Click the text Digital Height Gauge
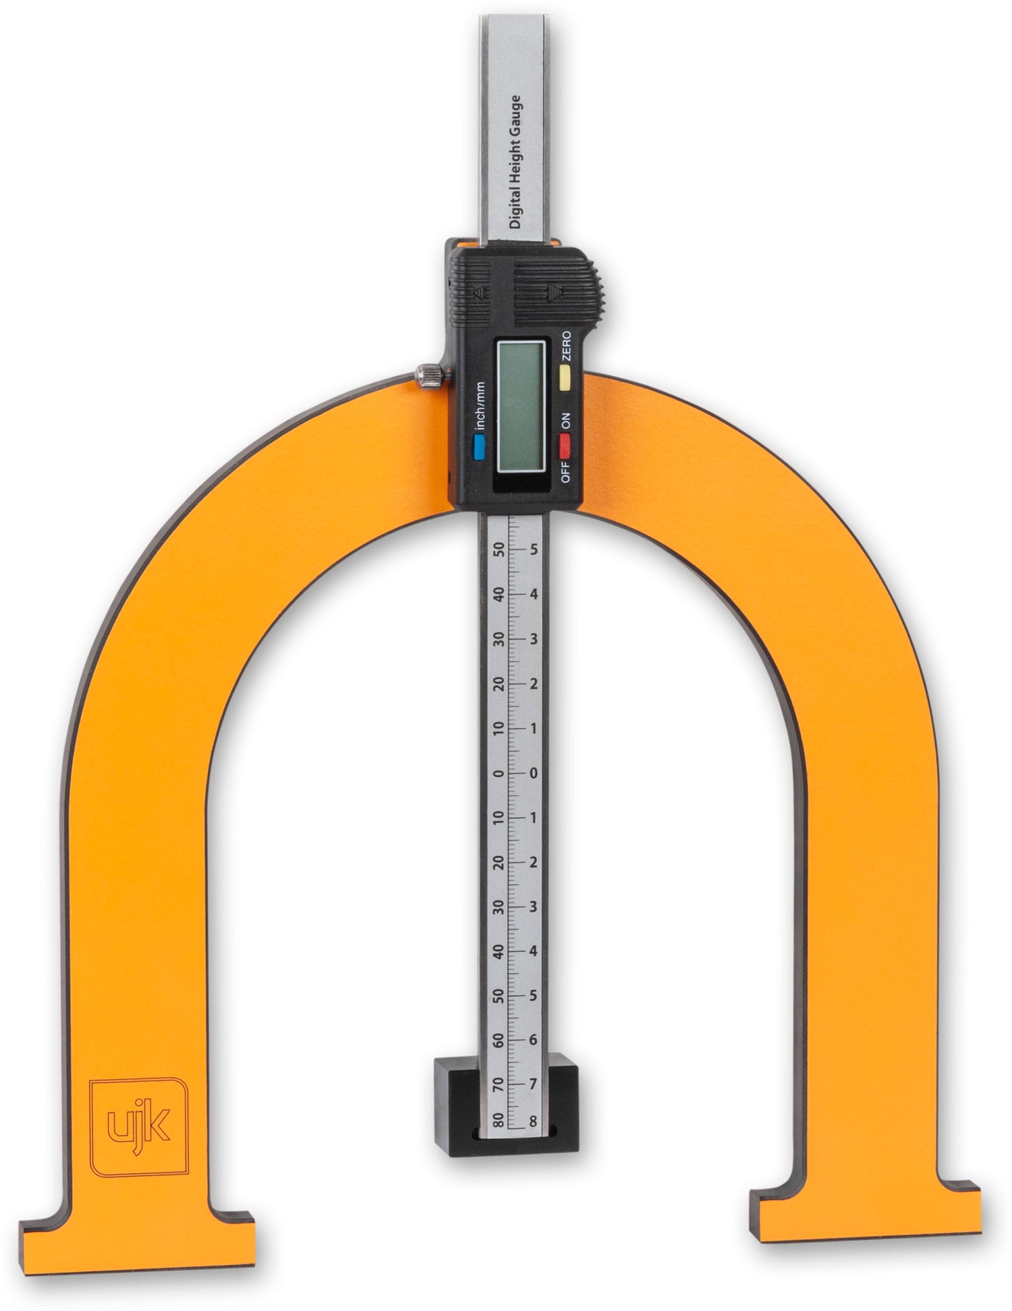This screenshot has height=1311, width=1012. click(x=516, y=162)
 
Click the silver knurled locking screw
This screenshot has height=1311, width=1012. click(x=430, y=375)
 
